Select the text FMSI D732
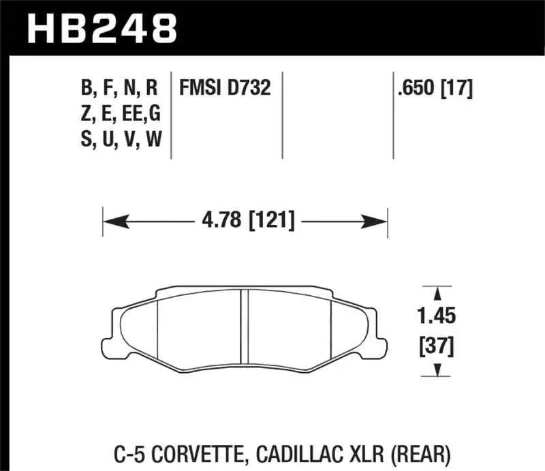pos(225,88)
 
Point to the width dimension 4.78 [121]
pos(246,221)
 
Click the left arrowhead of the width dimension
pos(112,221)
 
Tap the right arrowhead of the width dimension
pos(378,221)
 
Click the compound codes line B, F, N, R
pos(119,88)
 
